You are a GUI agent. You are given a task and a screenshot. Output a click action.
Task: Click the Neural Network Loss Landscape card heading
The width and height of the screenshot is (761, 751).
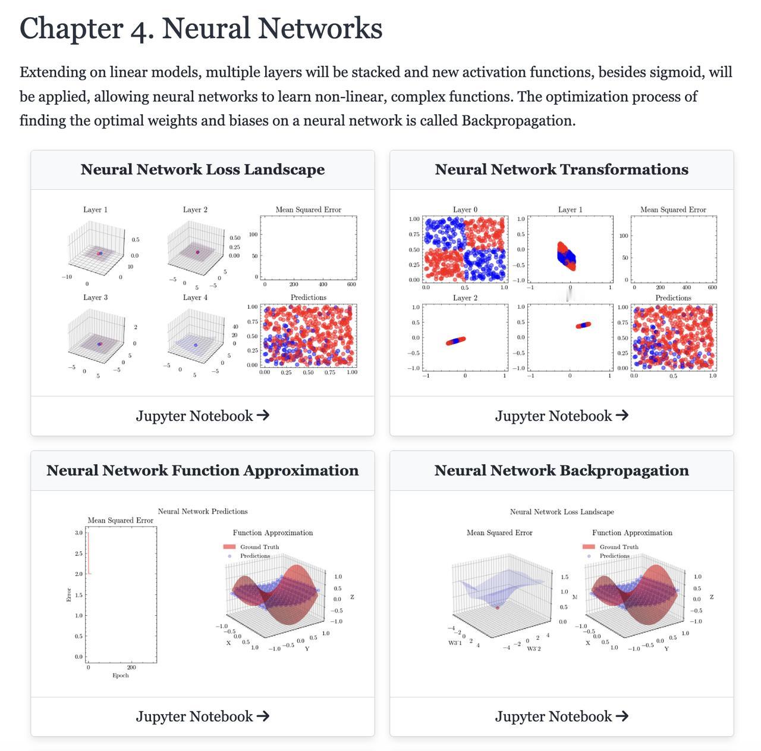(x=203, y=169)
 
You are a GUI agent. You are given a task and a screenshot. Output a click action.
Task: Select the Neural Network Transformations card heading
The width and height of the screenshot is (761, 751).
(x=562, y=169)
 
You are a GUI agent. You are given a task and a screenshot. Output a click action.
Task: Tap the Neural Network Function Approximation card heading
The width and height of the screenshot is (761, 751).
(x=203, y=470)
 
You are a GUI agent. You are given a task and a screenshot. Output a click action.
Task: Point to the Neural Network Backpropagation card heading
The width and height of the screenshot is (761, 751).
(x=562, y=470)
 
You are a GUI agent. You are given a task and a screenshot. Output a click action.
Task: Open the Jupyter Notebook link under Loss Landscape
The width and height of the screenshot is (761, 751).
(x=203, y=415)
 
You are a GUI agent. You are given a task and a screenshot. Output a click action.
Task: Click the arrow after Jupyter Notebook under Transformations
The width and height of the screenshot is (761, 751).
(x=622, y=415)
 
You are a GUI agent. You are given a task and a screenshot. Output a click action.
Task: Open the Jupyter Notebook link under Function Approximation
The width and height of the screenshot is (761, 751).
(x=203, y=716)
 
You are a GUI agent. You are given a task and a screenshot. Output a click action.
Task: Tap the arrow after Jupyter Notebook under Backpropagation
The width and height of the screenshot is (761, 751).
(x=622, y=716)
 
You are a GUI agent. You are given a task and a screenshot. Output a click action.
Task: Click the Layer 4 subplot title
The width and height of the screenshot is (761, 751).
(x=195, y=298)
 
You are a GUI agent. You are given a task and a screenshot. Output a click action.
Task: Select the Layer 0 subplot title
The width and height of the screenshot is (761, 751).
(x=465, y=209)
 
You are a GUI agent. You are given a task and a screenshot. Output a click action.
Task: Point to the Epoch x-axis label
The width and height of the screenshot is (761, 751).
(x=121, y=675)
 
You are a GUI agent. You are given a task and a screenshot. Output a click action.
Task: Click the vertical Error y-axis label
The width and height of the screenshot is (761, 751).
(x=69, y=594)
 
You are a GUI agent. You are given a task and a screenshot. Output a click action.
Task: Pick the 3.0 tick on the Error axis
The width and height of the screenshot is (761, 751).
(x=79, y=533)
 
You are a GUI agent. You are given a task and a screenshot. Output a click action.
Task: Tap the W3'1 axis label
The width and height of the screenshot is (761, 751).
(x=455, y=643)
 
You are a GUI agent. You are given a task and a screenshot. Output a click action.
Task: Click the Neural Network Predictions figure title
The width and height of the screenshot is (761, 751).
(x=203, y=511)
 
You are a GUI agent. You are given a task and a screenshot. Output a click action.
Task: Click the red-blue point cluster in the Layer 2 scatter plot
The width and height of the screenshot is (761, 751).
(x=456, y=341)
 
